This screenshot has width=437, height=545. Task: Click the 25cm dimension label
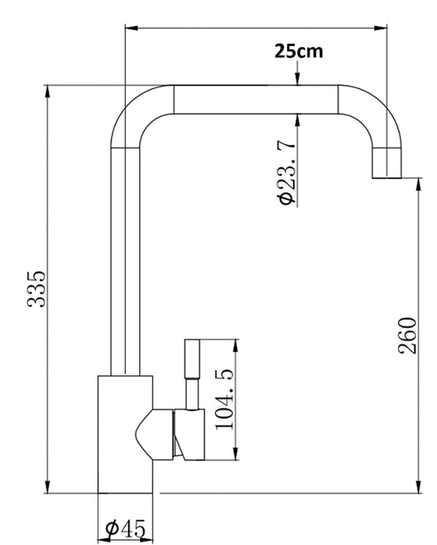pos(299,51)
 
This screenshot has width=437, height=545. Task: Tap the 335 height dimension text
pos(37,289)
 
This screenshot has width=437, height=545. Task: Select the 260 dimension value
pos(407,336)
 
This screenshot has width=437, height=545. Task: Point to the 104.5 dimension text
pos(225,399)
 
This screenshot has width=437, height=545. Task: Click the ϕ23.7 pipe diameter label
pos(287,172)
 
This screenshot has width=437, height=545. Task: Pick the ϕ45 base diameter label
pos(125,529)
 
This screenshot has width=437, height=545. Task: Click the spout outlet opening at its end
pos(386,178)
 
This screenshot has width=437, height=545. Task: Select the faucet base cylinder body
pos(125,434)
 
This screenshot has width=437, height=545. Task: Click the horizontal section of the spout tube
pos(256,100)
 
